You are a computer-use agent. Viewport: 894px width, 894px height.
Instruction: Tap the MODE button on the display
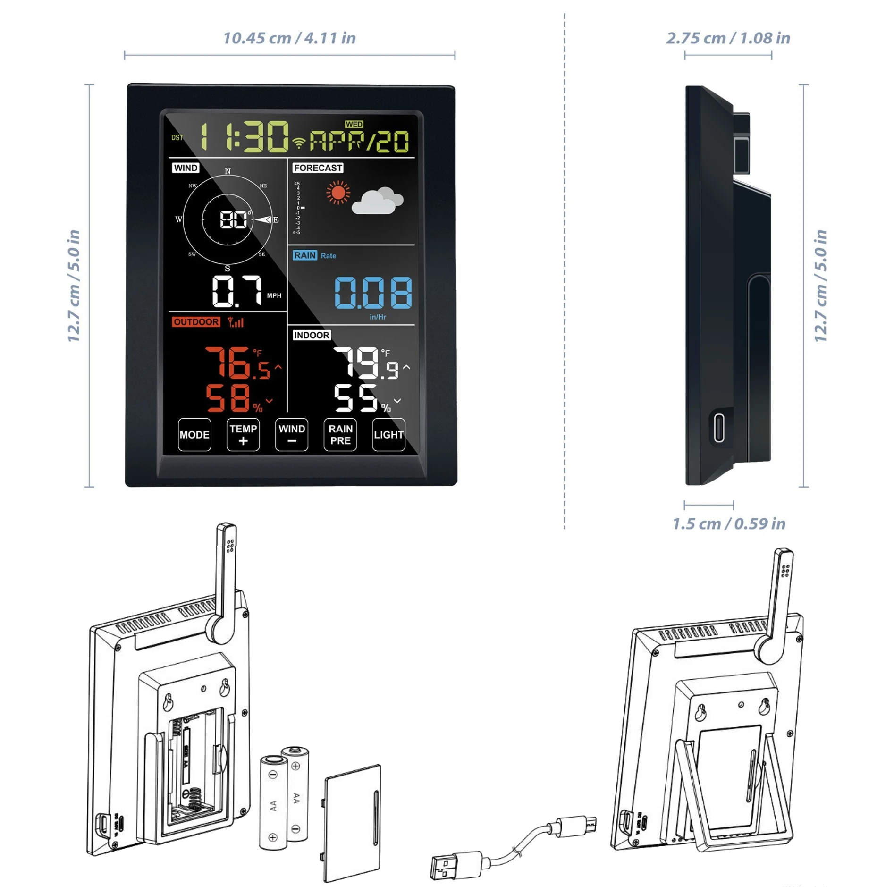point(194,435)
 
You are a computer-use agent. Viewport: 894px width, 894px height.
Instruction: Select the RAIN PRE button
point(340,435)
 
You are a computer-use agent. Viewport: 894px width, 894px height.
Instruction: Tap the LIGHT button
point(388,435)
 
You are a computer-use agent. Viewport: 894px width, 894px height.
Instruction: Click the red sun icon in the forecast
point(338,193)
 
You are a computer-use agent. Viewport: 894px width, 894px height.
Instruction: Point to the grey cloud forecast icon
point(377,201)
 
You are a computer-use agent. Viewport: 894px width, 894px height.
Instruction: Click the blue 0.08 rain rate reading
point(373,293)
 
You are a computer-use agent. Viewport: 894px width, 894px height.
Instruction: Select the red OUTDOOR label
point(196,322)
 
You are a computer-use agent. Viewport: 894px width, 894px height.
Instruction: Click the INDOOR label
point(312,335)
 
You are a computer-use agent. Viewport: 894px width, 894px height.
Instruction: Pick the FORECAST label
point(318,168)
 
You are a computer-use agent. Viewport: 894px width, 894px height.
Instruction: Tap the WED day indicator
point(354,124)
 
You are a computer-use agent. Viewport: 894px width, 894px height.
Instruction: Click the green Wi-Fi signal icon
point(299,142)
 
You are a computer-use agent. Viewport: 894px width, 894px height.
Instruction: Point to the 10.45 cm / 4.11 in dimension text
point(289,38)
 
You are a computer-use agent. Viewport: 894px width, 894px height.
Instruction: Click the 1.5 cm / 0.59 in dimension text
point(729,523)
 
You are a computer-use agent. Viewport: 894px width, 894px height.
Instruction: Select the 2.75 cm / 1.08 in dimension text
point(728,38)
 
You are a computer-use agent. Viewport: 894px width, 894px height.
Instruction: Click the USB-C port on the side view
point(719,427)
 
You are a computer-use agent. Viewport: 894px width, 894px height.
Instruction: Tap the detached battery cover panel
point(352,824)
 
